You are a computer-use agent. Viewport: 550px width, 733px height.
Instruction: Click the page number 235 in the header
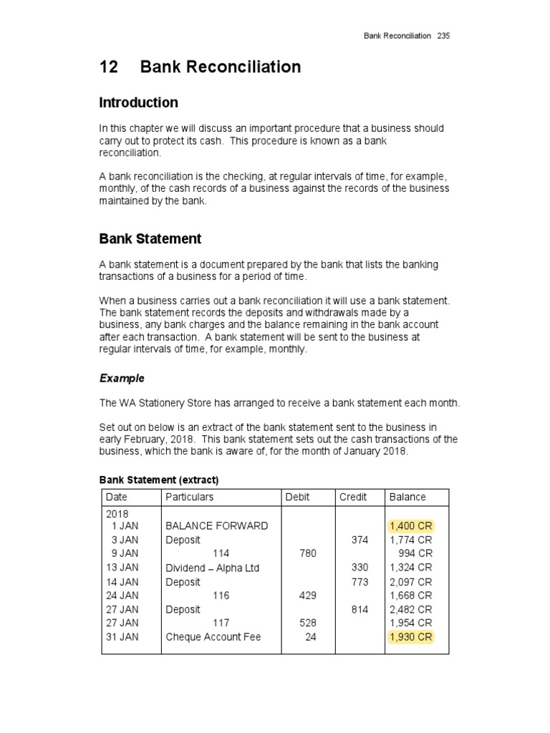tap(443, 36)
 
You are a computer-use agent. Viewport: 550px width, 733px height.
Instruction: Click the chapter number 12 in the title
tap(108, 67)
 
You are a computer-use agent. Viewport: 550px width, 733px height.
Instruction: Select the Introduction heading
tap(138, 102)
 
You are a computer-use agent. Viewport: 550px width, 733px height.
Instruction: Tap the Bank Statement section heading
tap(150, 238)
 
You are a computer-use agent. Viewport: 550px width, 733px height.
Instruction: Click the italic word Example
tap(121, 378)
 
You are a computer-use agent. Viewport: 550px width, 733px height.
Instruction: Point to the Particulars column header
tap(189, 497)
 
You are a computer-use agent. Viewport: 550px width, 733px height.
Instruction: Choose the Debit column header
tap(297, 497)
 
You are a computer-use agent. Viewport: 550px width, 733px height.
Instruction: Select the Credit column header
tap(352, 497)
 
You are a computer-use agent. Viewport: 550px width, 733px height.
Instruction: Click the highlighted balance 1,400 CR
tap(410, 525)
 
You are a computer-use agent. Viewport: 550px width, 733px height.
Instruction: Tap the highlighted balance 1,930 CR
tap(410, 637)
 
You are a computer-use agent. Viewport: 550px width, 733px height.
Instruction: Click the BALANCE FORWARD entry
tap(216, 525)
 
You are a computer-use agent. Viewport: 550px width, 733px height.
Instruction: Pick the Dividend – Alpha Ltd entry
tap(212, 568)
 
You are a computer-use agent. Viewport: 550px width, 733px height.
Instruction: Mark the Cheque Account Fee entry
tap(213, 637)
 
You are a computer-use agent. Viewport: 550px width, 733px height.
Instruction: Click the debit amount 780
tap(307, 553)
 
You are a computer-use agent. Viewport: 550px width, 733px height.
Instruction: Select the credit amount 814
tap(360, 609)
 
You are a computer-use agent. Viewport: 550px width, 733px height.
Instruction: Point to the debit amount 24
tap(310, 637)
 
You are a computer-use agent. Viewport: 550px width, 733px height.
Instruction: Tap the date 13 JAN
tap(122, 568)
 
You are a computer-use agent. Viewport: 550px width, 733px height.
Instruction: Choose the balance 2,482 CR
tap(410, 609)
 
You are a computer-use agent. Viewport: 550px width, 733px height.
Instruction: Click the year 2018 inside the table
tap(117, 513)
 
